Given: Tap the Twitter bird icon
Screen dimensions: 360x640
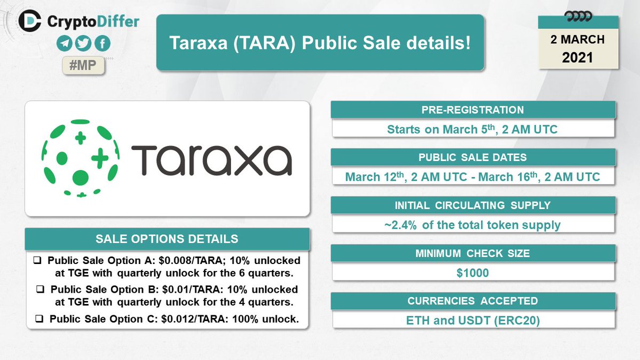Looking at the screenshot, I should point(83,44).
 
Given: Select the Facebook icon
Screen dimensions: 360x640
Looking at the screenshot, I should point(102,44).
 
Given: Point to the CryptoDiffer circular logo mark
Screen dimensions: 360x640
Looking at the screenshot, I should point(30,21).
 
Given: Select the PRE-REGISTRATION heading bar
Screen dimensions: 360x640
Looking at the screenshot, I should point(474,110).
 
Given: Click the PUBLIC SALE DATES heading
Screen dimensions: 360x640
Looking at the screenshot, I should point(474,157).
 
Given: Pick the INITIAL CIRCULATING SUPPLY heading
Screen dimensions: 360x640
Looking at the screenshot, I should point(474,205).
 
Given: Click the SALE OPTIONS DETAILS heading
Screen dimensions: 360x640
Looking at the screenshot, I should point(167,238).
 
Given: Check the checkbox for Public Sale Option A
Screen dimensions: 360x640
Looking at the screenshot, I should point(38,261).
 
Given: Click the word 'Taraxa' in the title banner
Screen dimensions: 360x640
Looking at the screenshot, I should point(199,43).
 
